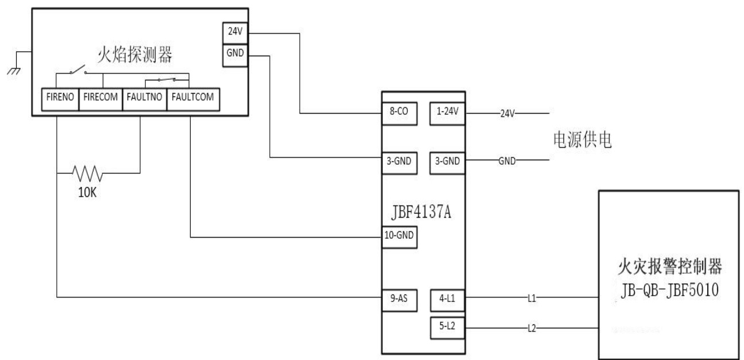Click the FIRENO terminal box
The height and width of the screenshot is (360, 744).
coord(60,99)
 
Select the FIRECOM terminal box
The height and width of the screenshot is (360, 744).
coord(100,99)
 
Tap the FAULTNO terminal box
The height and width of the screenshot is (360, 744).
coord(145,99)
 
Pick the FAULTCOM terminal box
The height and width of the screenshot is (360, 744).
coord(193,99)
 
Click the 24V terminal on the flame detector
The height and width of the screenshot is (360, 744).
coord(235,33)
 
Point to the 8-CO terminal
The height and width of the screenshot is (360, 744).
coord(399,114)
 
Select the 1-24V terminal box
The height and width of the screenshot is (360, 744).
coord(447,114)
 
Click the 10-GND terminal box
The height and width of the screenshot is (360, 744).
coord(399,237)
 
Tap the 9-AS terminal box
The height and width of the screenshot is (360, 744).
coord(399,300)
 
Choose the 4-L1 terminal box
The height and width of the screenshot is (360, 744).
coord(447,300)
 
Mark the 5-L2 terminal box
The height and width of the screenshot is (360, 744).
coord(447,328)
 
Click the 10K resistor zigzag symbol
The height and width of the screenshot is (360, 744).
coord(88,173)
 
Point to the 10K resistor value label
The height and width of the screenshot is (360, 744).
coord(87,192)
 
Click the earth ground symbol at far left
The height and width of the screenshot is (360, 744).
coord(14,71)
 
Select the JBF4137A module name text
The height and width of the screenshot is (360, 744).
coord(421,212)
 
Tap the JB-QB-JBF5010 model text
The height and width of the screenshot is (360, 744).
coord(669,290)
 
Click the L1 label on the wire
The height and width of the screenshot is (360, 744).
coord(532,298)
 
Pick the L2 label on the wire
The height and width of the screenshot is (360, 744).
coord(532,328)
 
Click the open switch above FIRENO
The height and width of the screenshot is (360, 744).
coord(78,69)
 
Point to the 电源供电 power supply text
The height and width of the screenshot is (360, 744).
coord(582,140)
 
